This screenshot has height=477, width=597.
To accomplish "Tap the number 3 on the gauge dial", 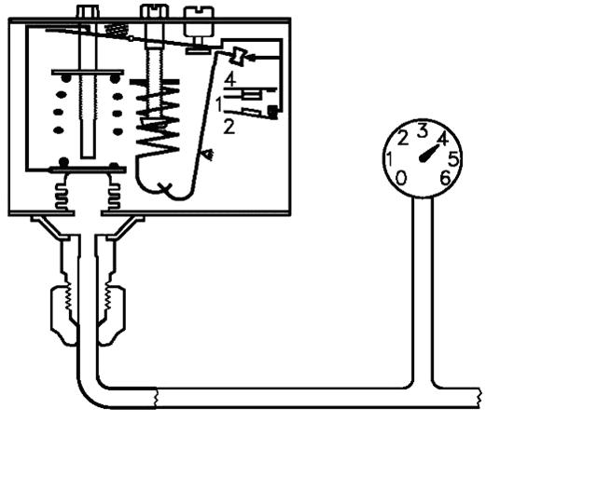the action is (422, 129).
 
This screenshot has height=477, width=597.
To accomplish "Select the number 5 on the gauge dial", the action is (453, 157).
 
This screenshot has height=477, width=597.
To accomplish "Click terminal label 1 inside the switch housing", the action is (218, 103).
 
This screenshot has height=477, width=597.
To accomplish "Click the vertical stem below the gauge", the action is (423, 279).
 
